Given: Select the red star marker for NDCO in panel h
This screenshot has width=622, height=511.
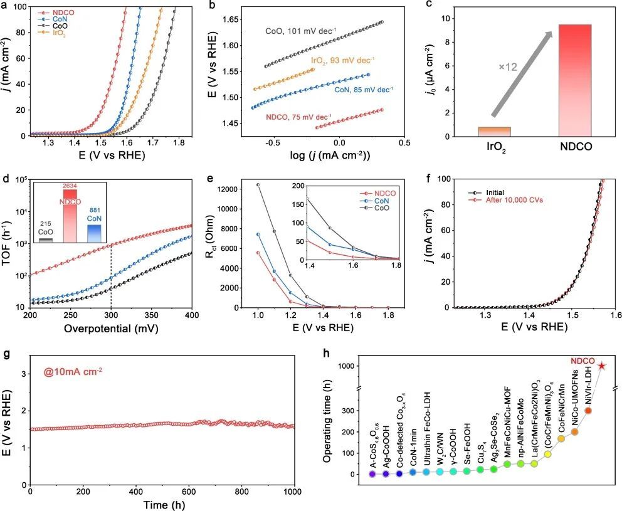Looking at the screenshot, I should point(601,366).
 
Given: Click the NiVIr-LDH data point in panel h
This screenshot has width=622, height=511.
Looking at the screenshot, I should point(588,411).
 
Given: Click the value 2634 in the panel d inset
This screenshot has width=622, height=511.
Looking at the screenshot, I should point(68,186).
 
